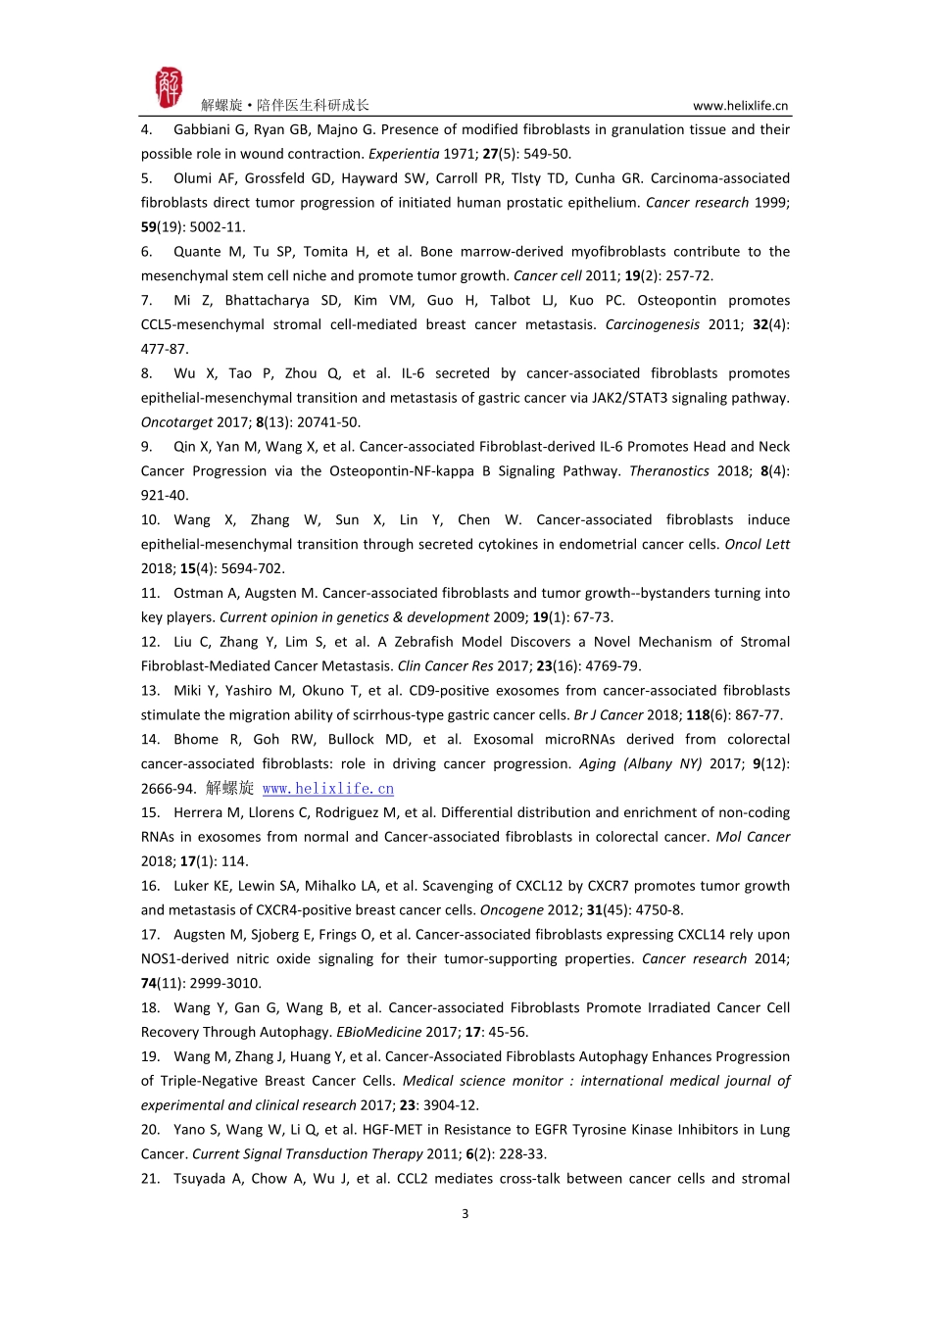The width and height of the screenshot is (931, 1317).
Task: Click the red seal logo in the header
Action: (169, 88)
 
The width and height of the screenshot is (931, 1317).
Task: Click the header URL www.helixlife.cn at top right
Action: (740, 106)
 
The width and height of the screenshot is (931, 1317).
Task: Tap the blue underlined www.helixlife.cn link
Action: (328, 789)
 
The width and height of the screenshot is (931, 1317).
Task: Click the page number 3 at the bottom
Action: (465, 1214)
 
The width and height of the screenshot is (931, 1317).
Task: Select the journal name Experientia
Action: (404, 154)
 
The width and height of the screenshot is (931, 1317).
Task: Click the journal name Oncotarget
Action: (176, 422)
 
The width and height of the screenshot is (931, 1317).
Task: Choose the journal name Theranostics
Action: (669, 471)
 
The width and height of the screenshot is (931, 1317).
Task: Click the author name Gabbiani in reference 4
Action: (203, 129)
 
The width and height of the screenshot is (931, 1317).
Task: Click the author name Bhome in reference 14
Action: (196, 740)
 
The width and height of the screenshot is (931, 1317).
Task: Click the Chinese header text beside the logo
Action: (285, 106)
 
